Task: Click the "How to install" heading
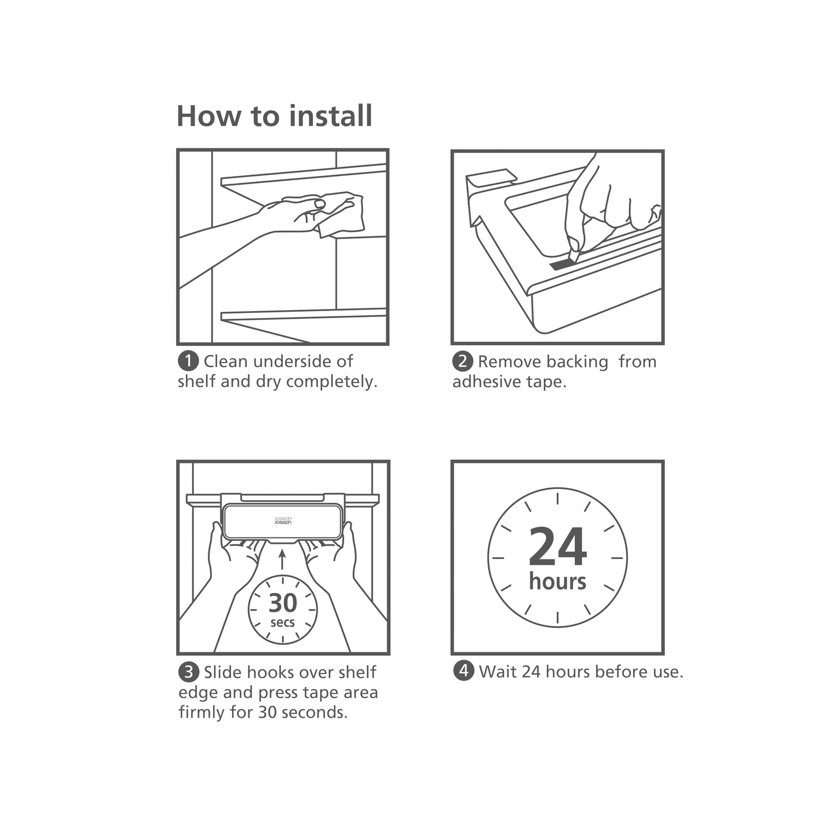274,116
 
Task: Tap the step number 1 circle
188,361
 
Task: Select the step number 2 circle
463,361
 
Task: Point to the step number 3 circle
189,672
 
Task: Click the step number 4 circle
463,671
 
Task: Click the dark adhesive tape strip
563,264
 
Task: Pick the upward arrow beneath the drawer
282,559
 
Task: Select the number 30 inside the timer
283,603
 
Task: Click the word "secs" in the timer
283,623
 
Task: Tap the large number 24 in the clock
558,546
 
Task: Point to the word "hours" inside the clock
558,581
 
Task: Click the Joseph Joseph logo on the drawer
283,520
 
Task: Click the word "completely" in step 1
331,382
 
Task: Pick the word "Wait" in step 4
498,671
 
